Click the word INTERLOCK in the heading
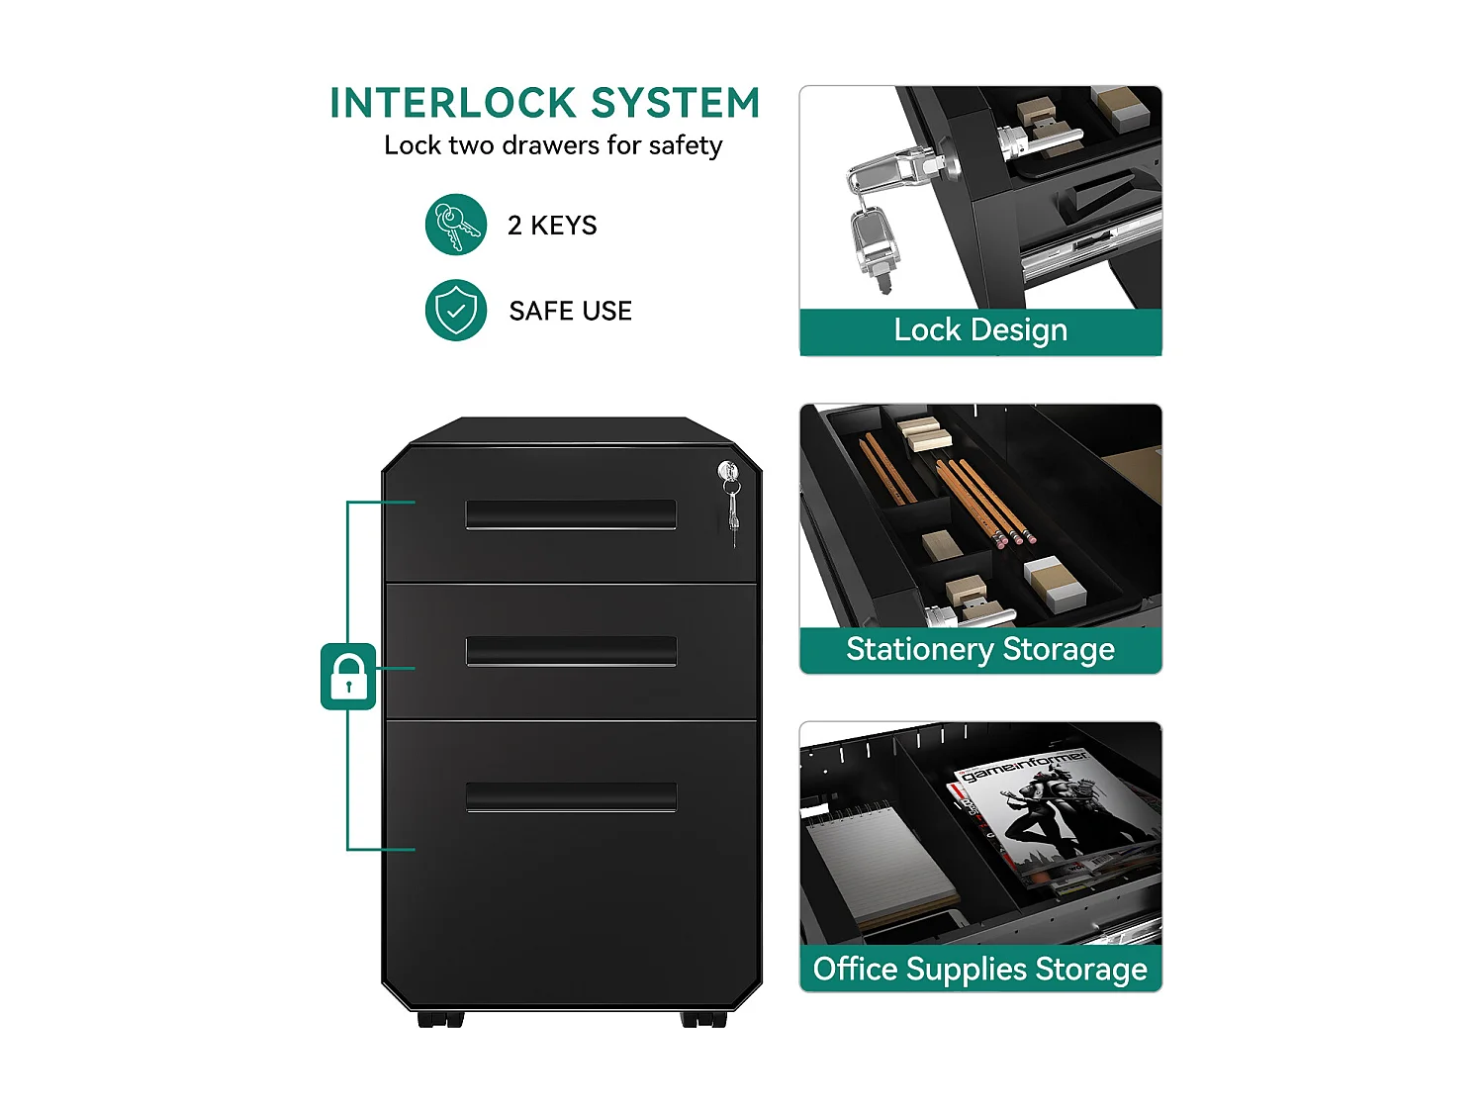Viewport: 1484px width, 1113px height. coord(452,103)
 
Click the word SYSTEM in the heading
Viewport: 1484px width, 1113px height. coord(676,103)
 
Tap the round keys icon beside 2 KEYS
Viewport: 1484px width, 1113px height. coord(456,225)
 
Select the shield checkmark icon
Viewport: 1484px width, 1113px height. coord(456,311)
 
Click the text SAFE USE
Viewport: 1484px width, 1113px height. coord(571,311)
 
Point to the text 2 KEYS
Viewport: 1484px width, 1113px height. coord(552,225)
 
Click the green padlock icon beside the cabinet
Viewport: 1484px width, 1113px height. coord(348,676)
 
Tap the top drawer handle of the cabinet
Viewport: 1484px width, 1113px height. coord(571,514)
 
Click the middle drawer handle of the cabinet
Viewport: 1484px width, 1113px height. coord(571,651)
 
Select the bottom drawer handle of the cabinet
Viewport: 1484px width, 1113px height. coord(571,796)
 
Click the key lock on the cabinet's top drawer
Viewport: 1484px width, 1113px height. coord(728,471)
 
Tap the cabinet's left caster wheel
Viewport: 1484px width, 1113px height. coord(440,1019)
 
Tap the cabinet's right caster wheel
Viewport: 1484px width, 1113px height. coord(703,1019)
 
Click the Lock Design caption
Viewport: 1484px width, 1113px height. coord(980,330)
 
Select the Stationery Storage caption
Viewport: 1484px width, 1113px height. coord(980,649)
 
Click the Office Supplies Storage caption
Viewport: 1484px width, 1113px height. coord(980,970)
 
